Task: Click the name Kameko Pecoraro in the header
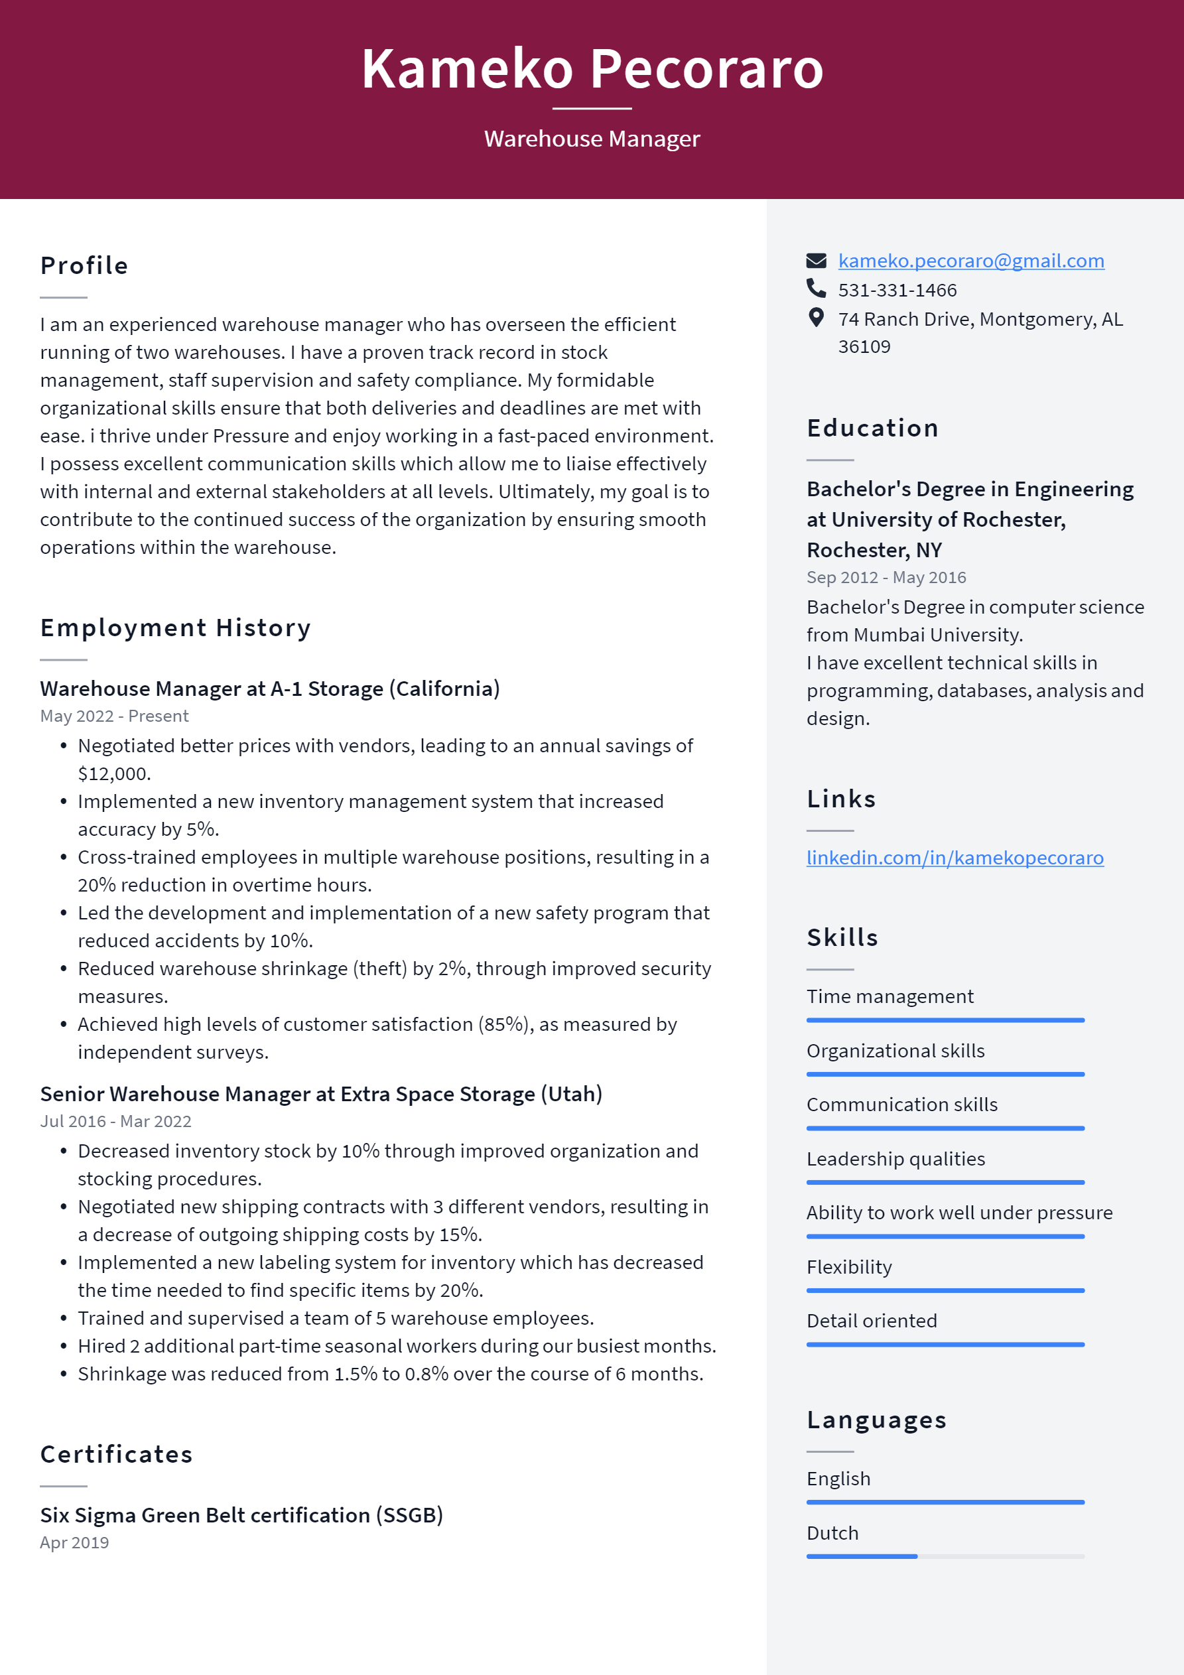(x=592, y=68)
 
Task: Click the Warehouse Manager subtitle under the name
(x=592, y=139)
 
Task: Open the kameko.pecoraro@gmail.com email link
(x=970, y=261)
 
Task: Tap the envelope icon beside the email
(x=816, y=261)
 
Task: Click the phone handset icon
(x=816, y=289)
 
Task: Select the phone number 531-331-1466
(x=897, y=291)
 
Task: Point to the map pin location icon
(x=816, y=317)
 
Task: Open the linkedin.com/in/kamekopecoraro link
(x=954, y=857)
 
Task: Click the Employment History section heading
(x=175, y=628)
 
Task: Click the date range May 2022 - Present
(x=114, y=716)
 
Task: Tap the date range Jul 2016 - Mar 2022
(x=115, y=1120)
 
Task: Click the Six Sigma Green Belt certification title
(x=241, y=1514)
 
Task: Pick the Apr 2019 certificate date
(x=74, y=1542)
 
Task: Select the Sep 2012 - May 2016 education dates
(x=886, y=577)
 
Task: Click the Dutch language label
(x=832, y=1533)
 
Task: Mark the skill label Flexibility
(x=848, y=1266)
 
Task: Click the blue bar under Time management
(x=945, y=1020)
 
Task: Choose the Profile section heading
(x=84, y=265)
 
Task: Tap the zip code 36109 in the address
(x=864, y=346)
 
